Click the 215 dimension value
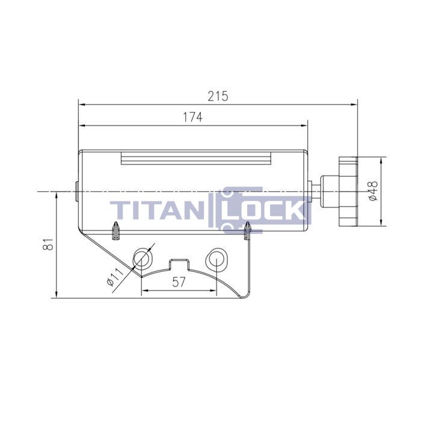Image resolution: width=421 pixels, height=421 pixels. click(218, 96)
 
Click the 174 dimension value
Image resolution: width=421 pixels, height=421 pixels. click(192, 118)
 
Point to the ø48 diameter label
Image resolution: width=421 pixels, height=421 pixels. click(373, 191)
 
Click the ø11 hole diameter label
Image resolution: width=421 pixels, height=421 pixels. click(114, 275)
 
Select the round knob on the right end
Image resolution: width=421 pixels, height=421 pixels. click(348, 191)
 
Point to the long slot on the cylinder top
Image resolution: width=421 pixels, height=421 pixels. click(197, 159)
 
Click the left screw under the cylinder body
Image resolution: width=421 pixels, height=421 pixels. click(116, 230)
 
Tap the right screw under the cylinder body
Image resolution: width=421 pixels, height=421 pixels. click(247, 230)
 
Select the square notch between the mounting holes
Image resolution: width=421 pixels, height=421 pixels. click(179, 263)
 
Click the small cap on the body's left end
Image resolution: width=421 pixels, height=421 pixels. click(76, 191)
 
